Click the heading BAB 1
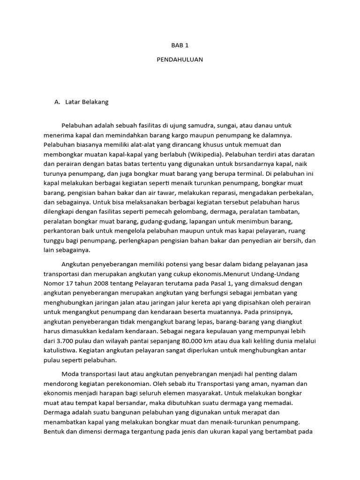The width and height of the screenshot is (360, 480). click(180, 45)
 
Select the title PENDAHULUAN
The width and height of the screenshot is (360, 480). click(180, 60)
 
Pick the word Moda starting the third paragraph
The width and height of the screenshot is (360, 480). click(70, 374)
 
